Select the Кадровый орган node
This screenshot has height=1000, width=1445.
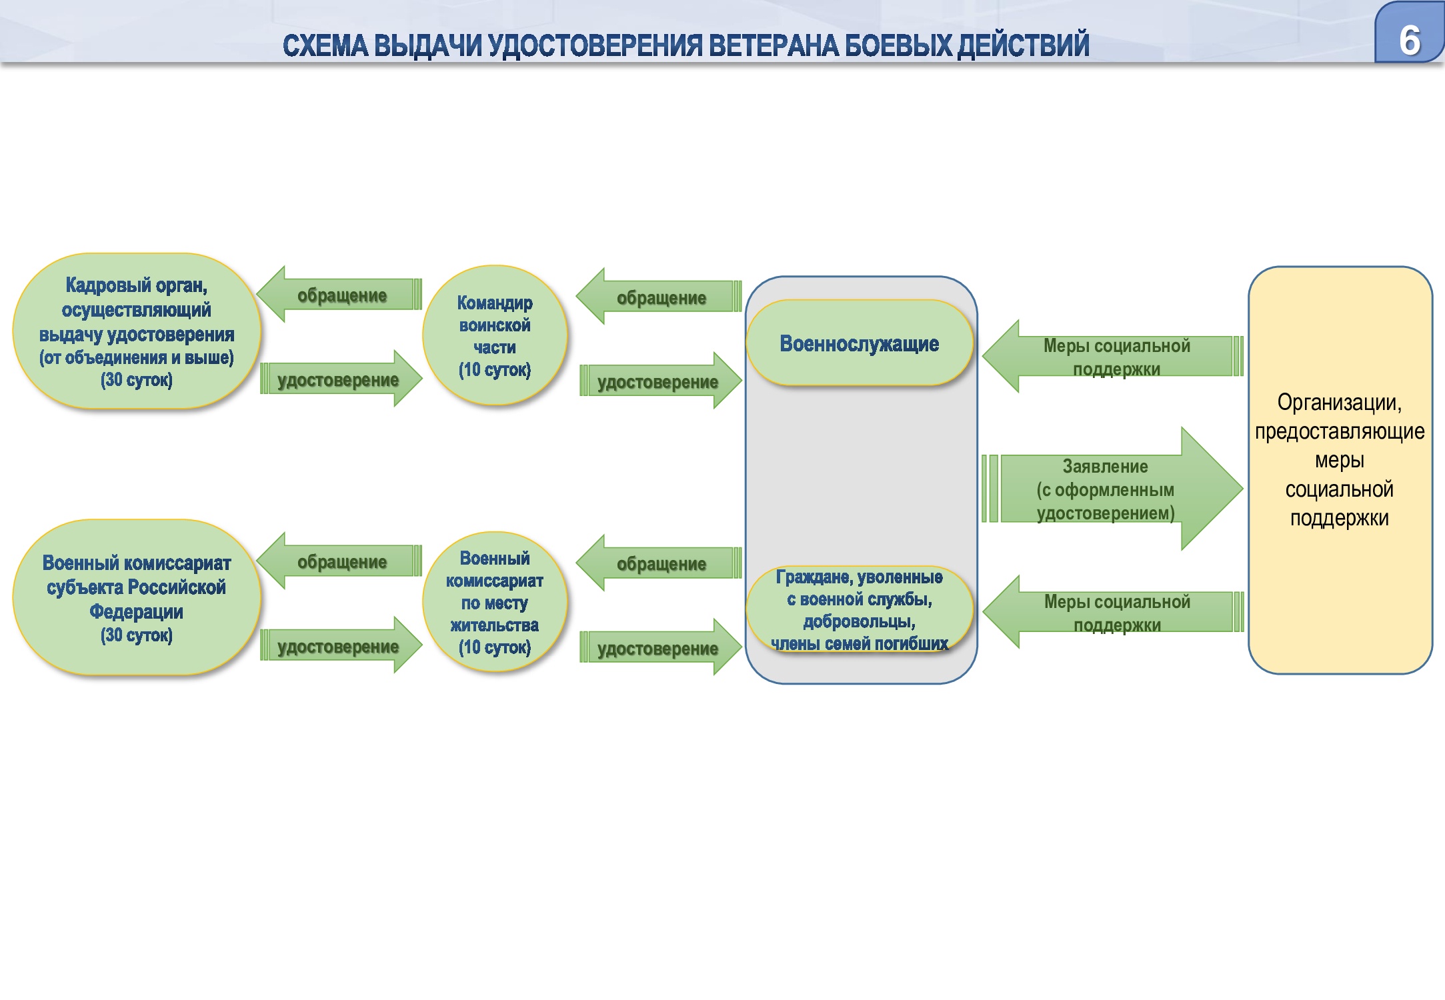point(137,331)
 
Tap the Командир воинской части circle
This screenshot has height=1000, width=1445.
point(495,335)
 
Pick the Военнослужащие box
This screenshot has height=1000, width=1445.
point(859,343)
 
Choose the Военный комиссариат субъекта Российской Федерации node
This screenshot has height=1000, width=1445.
point(137,598)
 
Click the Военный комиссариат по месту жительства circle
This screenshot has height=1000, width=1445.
point(495,602)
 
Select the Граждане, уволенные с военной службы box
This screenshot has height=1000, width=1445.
point(859,609)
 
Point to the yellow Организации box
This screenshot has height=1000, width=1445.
point(1340,470)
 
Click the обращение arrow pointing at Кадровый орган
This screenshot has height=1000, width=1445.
point(340,295)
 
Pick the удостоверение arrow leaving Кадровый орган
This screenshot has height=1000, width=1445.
point(340,379)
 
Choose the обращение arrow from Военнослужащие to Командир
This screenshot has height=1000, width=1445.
point(659,297)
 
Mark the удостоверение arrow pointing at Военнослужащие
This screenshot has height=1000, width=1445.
point(659,381)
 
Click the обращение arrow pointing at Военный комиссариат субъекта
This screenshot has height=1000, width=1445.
point(340,561)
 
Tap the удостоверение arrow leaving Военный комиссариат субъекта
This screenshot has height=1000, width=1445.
point(340,646)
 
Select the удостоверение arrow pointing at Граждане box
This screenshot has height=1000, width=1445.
point(659,648)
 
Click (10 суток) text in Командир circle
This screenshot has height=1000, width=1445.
point(495,370)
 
